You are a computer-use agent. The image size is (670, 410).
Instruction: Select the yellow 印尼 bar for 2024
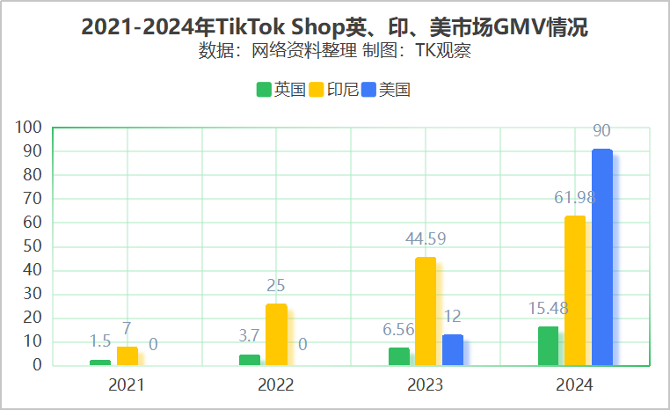tap(575, 290)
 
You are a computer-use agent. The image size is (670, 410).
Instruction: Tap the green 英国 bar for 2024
tap(548, 346)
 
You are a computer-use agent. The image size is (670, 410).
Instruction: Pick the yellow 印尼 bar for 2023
tap(426, 311)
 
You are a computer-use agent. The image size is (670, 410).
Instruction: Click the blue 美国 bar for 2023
tap(452, 350)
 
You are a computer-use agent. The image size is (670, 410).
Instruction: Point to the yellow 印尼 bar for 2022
tap(276, 334)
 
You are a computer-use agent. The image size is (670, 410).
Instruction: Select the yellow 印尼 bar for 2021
tap(127, 355)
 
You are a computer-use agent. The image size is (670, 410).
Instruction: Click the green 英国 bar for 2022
tap(250, 360)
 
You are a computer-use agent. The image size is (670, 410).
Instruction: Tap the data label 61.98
tap(575, 197)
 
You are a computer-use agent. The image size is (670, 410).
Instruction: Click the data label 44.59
tap(426, 238)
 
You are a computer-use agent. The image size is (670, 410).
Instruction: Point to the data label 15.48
tap(548, 309)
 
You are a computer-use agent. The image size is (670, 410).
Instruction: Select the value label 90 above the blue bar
tap(601, 131)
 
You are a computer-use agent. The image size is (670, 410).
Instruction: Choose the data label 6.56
tap(398, 330)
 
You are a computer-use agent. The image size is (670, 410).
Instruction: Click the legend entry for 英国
tap(280, 89)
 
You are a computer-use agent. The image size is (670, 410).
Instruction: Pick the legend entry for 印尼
tap(333, 89)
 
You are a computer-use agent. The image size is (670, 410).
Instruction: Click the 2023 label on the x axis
tap(426, 385)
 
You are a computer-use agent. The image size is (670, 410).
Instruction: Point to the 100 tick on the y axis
tap(29, 128)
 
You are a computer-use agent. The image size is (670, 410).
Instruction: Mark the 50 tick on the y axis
tap(33, 246)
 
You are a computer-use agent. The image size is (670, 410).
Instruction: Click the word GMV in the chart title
tap(519, 27)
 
